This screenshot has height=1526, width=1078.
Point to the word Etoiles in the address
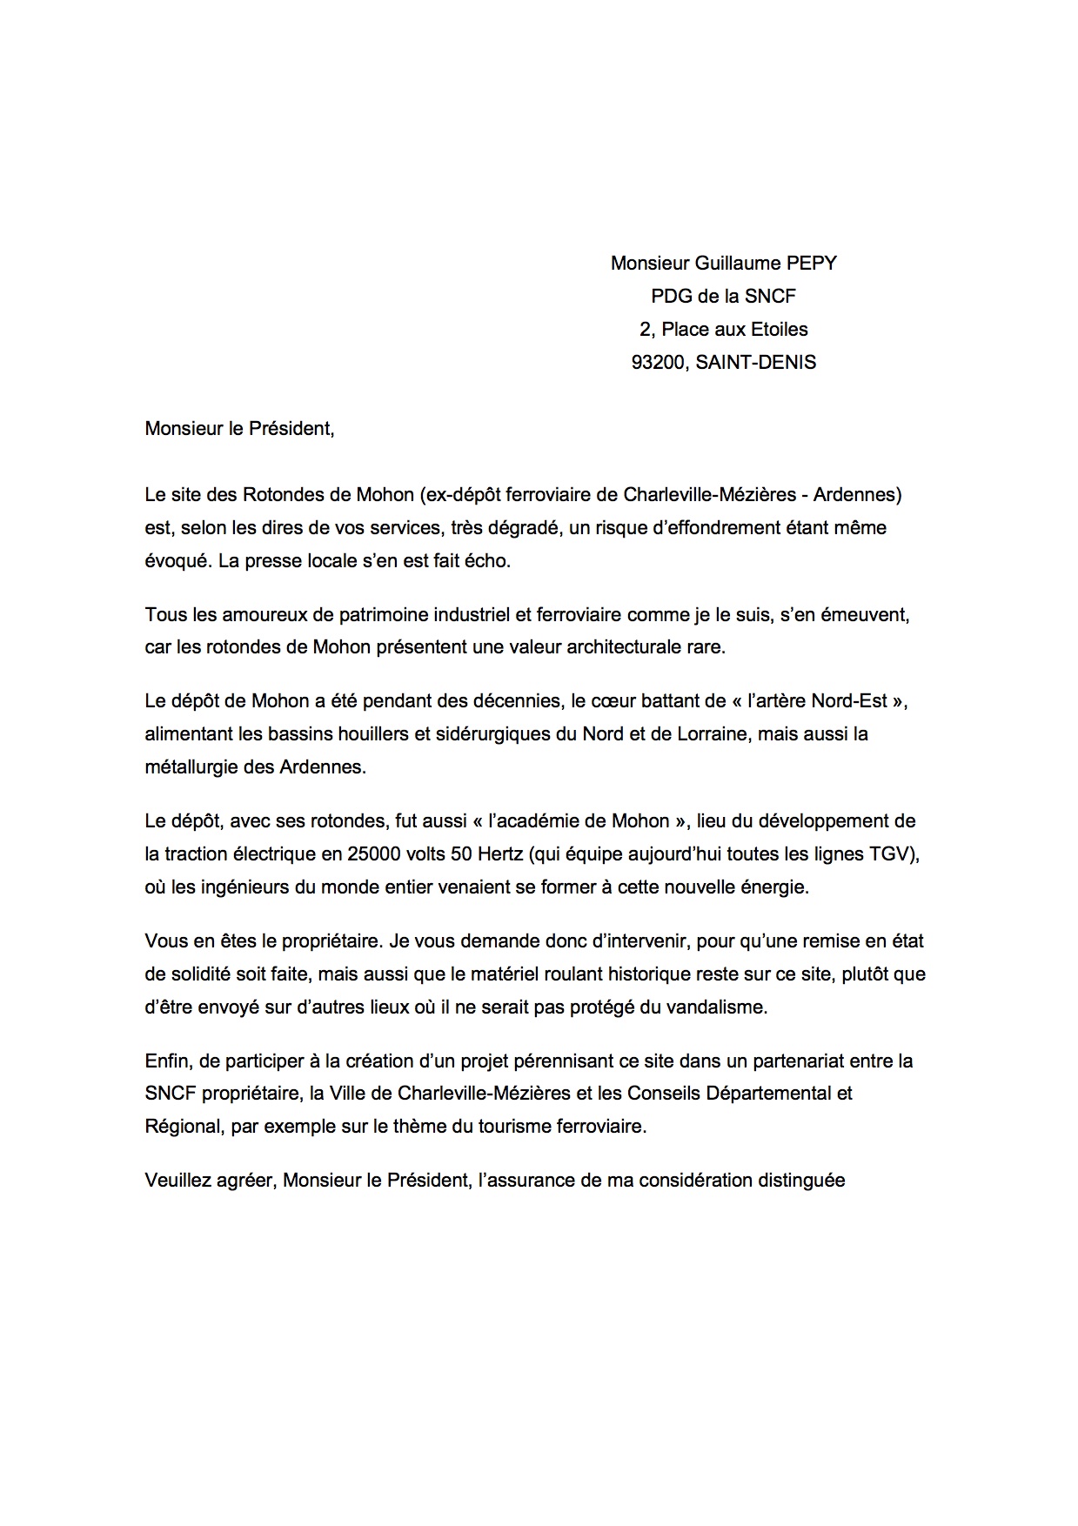[776, 329]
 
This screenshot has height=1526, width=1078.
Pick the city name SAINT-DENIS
[756, 362]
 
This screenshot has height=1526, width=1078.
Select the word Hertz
[499, 853]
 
